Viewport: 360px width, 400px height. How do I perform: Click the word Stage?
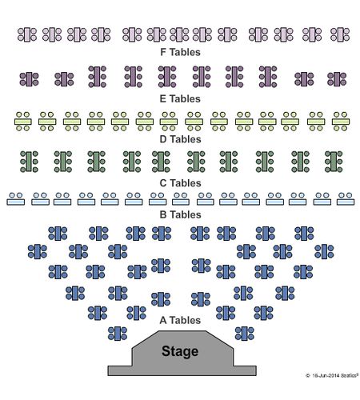tap(180, 351)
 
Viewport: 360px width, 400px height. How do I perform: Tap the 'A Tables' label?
tap(180, 320)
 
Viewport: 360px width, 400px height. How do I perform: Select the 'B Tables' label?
tap(180, 214)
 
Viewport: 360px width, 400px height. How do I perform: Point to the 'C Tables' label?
tap(180, 183)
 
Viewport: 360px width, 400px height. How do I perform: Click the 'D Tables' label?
tap(180, 139)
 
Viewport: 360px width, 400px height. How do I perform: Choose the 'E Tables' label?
tap(180, 99)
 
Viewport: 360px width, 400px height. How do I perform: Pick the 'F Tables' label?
tap(180, 52)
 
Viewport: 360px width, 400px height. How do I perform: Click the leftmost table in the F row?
tap(27, 34)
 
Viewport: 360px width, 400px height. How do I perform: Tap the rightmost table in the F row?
tap(340, 34)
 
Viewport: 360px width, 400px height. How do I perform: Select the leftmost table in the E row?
tap(29, 79)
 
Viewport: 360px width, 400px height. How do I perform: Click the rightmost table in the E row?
tap(337, 79)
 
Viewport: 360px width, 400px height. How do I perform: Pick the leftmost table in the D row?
tap(23, 122)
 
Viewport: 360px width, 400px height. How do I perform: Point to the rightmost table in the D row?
tap(341, 122)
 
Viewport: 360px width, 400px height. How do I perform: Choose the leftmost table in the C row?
tap(29, 162)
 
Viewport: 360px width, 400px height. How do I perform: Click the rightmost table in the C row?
tap(334, 162)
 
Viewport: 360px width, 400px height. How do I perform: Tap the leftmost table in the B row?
tap(16, 199)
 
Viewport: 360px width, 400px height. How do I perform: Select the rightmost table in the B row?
tap(346, 199)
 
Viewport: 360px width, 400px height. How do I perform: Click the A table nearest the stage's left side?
tap(118, 334)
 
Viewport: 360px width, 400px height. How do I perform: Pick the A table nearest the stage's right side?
tap(245, 334)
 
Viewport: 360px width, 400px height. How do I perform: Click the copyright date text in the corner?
tap(332, 375)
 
